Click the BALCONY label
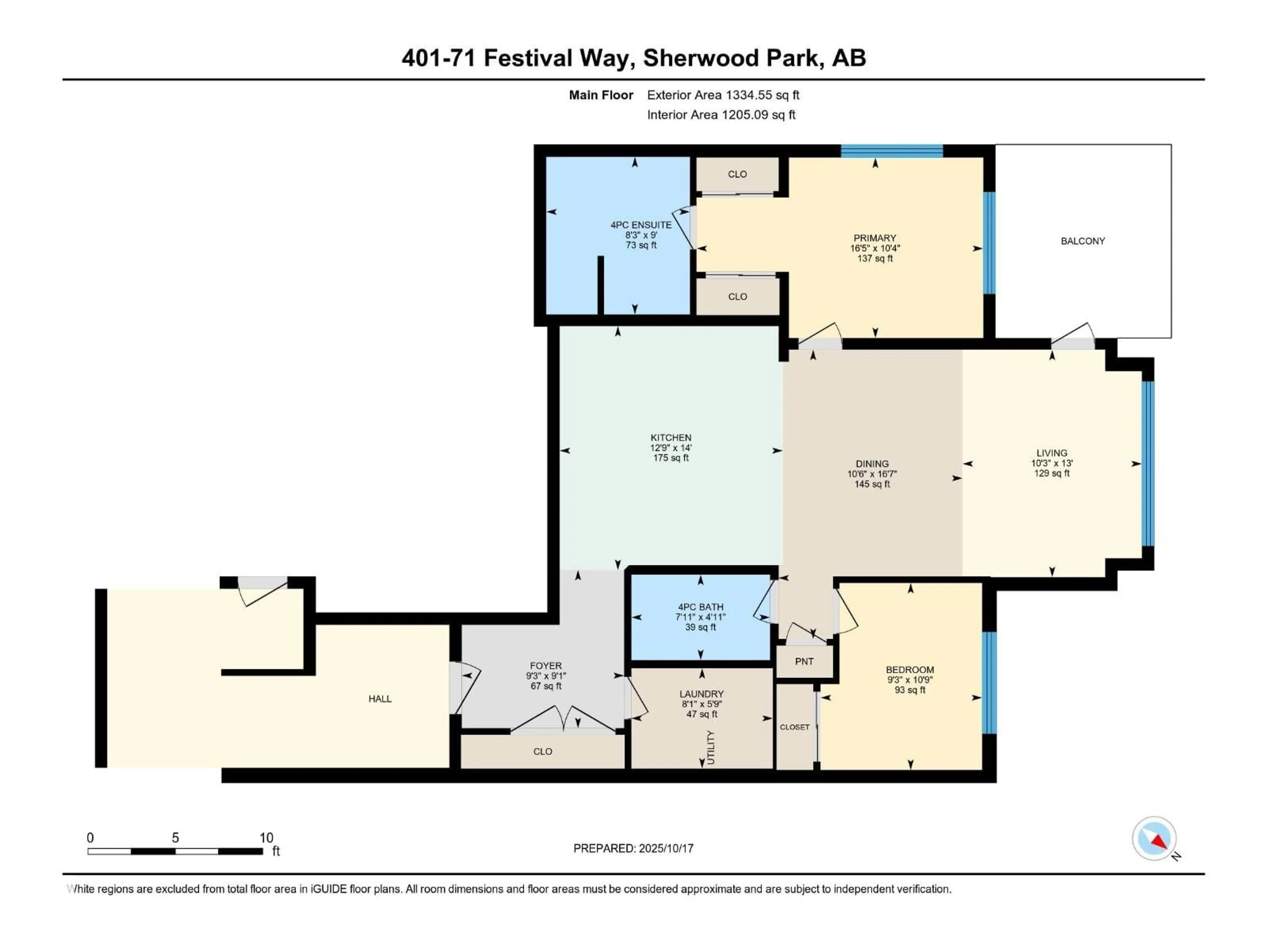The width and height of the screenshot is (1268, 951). (1082, 241)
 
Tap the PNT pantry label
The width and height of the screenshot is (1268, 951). (804, 661)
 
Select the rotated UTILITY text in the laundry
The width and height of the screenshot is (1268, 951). (711, 748)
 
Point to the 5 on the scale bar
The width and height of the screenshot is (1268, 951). (175, 837)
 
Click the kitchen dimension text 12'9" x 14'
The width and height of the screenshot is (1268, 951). (671, 448)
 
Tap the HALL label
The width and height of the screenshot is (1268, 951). (380, 699)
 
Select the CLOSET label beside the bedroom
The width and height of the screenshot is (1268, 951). (794, 727)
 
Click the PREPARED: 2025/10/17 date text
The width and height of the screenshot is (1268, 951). (633, 848)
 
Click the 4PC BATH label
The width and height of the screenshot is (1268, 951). (700, 607)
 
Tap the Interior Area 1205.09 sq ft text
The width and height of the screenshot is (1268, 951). (721, 115)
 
